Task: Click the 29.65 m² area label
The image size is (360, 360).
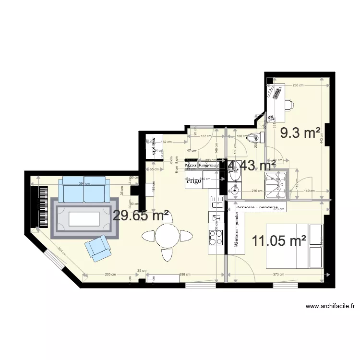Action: click(x=141, y=216)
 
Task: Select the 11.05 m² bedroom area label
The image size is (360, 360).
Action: click(x=279, y=241)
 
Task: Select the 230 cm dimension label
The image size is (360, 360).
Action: click(x=298, y=85)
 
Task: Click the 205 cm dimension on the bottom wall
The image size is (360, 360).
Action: click(x=111, y=275)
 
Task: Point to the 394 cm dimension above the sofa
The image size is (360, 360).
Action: click(x=84, y=184)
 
